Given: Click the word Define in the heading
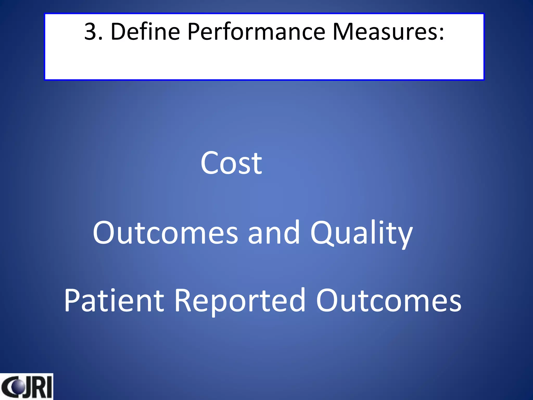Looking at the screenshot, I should (x=145, y=32).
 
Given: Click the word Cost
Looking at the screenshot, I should (x=231, y=164).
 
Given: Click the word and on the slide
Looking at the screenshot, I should (x=274, y=233).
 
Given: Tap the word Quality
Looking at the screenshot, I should (x=361, y=233).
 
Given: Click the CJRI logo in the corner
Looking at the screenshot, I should (x=26, y=387).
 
